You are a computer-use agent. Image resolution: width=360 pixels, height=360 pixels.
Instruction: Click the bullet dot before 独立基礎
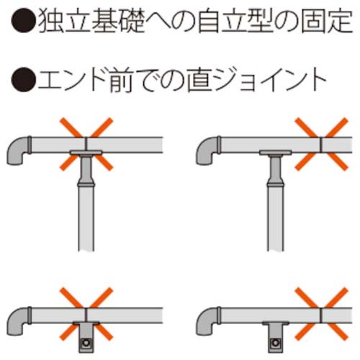point(23,20)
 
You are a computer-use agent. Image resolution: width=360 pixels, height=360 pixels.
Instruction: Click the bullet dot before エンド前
point(23,79)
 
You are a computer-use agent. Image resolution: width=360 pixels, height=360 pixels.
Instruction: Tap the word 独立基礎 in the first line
point(91,20)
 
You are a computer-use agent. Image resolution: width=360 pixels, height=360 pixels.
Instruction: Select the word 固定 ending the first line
point(327,20)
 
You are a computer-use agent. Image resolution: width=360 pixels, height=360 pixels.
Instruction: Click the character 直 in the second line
point(199,80)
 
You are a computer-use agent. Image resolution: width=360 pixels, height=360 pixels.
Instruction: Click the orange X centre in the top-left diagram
point(86,144)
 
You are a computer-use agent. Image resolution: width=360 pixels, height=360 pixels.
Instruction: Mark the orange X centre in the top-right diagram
point(321,144)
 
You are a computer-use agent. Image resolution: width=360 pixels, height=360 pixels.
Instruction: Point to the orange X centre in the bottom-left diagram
point(86,314)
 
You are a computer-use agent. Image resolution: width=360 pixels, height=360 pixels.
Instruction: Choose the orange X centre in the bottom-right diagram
point(321,314)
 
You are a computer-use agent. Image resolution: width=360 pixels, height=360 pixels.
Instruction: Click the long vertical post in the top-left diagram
point(86,218)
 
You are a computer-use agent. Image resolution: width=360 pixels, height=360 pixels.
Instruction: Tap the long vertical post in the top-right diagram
point(276,218)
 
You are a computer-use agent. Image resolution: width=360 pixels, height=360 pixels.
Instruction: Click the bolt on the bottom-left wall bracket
point(86,343)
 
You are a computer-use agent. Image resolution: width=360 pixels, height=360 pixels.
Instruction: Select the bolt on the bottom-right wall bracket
point(276,343)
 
